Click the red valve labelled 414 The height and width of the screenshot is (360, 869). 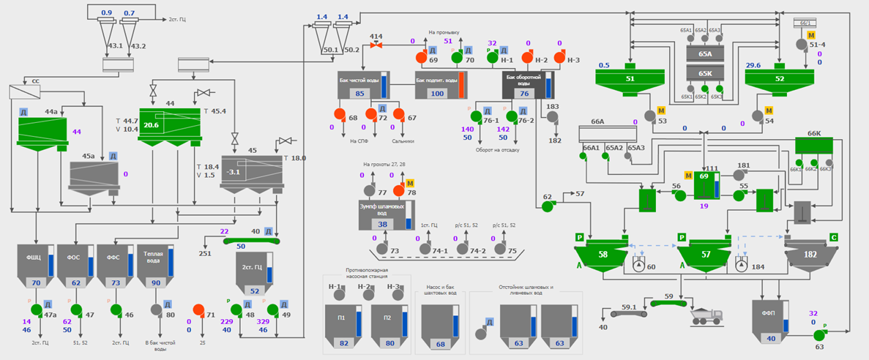tap(376, 45)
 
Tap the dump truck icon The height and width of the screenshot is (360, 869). tap(707, 315)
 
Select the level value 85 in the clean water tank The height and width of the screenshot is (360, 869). tap(359, 94)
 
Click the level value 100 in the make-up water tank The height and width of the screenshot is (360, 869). tap(437, 94)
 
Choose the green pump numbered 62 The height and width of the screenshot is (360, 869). tap(547, 206)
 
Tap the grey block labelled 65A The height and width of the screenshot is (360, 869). tap(705, 53)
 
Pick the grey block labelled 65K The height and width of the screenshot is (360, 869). tap(705, 73)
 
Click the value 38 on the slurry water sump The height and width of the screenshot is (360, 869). tap(382, 225)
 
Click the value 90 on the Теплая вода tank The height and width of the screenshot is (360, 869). tap(155, 282)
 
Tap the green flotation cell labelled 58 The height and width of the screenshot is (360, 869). tap(603, 254)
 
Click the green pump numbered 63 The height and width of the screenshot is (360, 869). tap(818, 335)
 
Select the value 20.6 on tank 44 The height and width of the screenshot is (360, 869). tap(152, 126)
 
